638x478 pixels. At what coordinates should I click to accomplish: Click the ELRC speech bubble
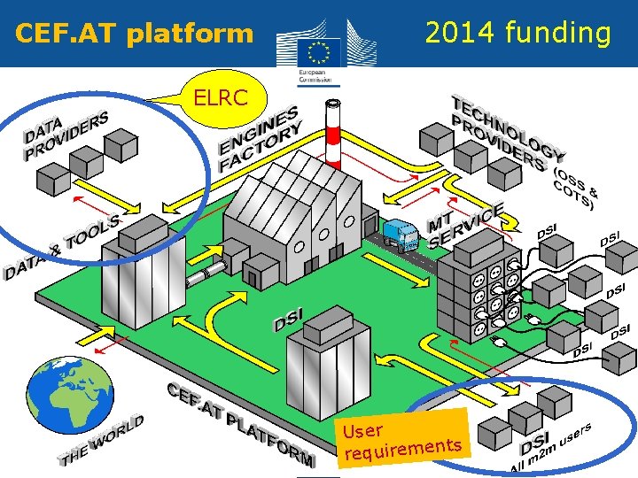click(x=222, y=98)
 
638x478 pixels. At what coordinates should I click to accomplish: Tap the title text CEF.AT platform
click(x=134, y=35)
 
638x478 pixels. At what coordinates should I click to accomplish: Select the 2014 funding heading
click(x=517, y=34)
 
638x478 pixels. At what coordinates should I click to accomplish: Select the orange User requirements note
click(x=403, y=437)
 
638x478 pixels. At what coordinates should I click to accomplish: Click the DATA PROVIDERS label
click(x=66, y=134)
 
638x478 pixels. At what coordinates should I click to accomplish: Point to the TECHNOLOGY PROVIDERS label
click(x=505, y=133)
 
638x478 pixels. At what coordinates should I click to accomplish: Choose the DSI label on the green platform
click(x=289, y=320)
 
